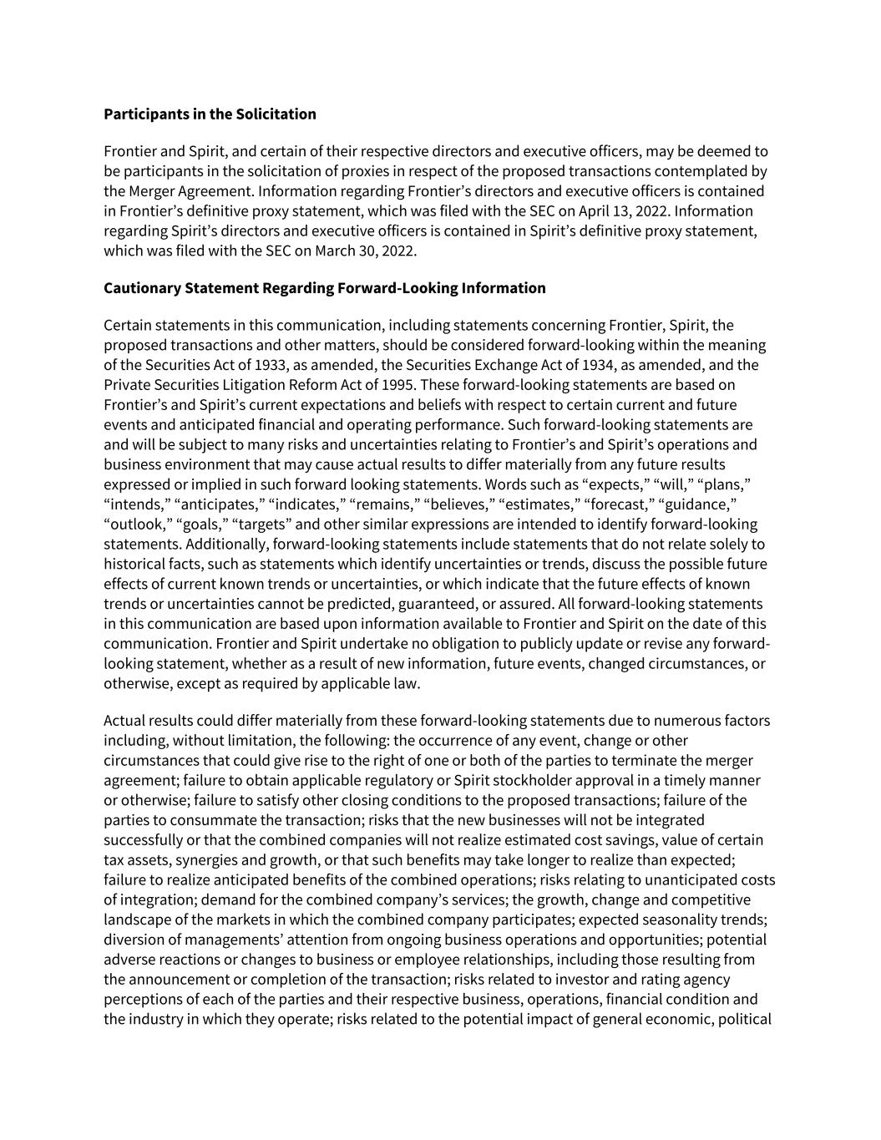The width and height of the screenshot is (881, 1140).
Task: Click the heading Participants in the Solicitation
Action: pos(210,114)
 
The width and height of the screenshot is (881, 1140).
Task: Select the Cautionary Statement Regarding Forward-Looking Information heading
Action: pos(324,288)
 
